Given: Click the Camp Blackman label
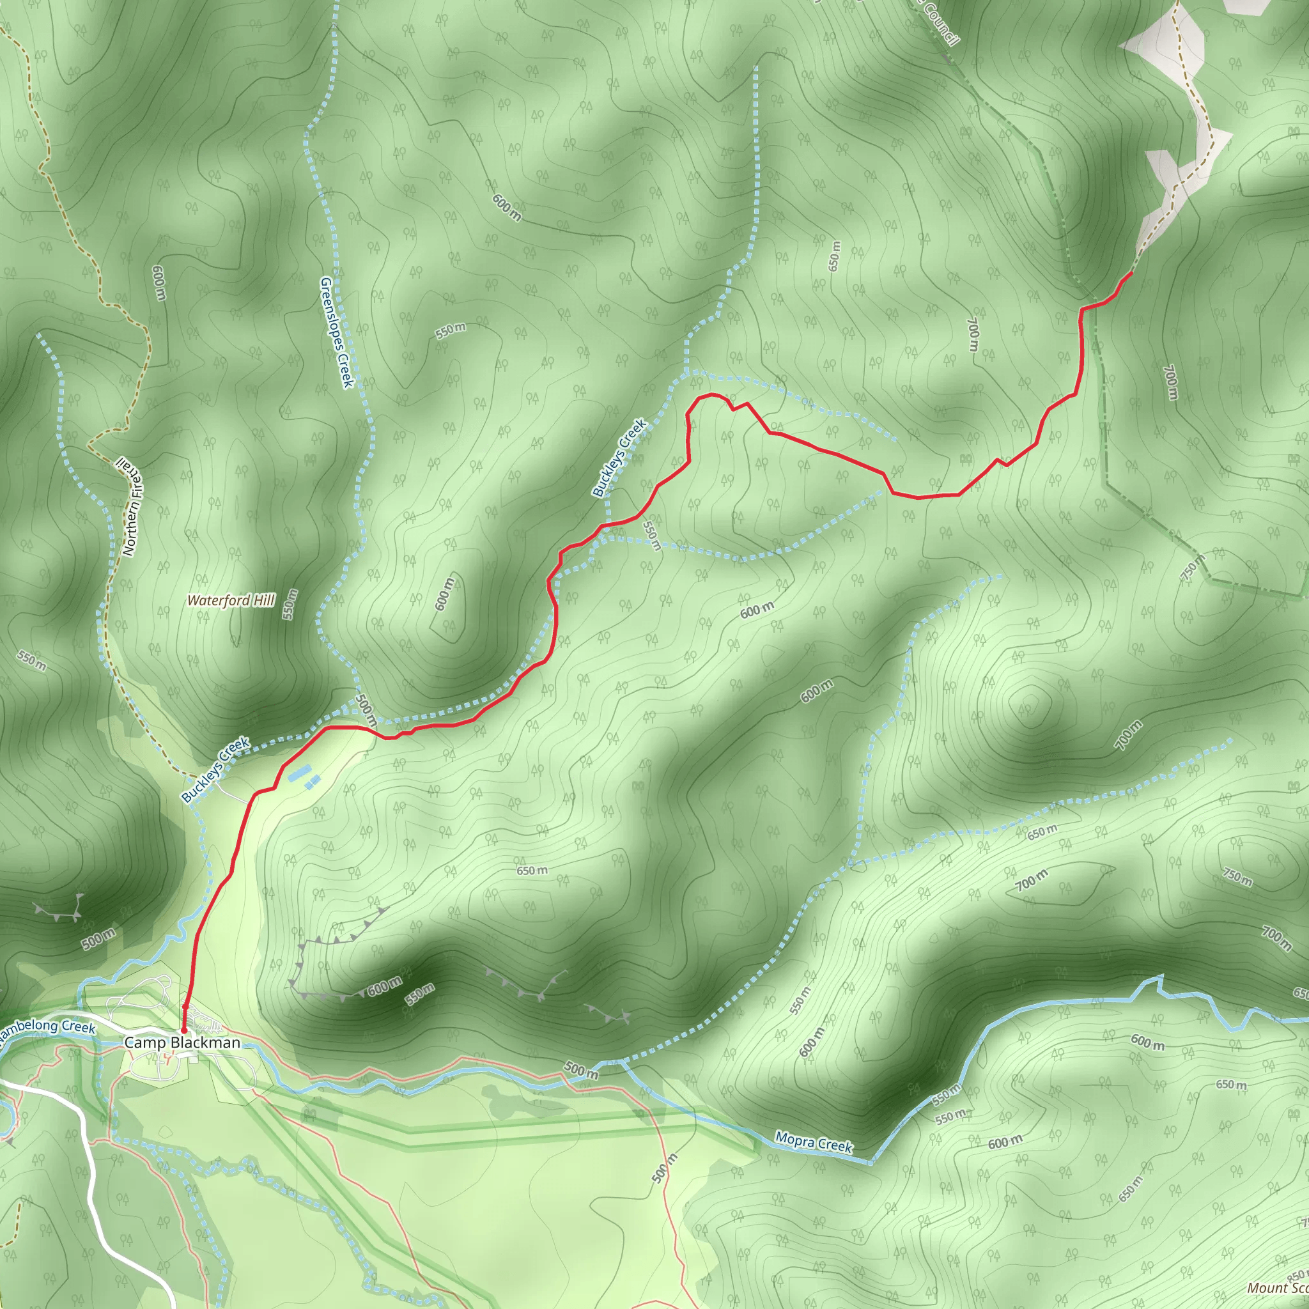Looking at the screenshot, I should point(182,1042).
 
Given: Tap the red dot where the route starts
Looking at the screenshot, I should point(183,1030).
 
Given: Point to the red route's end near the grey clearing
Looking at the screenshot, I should point(1131,273).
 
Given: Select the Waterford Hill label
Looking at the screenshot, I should point(231,600).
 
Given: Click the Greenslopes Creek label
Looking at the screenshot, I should point(337,332).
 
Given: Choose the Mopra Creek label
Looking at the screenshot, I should point(813,1142).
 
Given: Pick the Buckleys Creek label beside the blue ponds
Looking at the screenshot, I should point(215,770).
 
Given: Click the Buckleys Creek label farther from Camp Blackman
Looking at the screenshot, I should point(619,458).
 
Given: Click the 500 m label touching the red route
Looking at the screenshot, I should point(366,711).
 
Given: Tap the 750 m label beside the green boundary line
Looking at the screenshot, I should point(1193,568).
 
